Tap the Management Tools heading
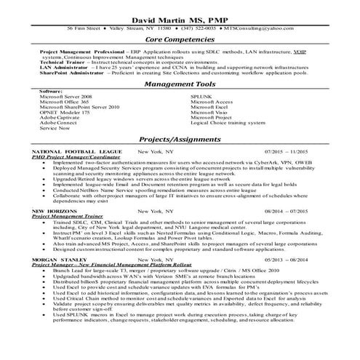click(x=179, y=84)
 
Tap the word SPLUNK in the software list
click(x=201, y=96)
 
